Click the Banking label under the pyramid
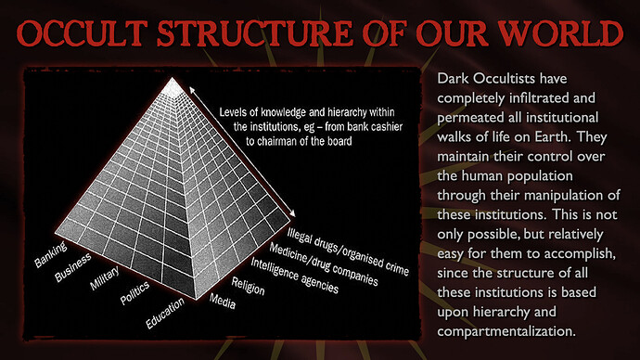pyautogui.click(x=51, y=255)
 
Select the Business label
pyautogui.click(x=73, y=267)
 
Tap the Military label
pyautogui.click(x=105, y=278)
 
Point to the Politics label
pyautogui.click(x=135, y=293)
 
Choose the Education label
pyautogui.click(x=165, y=313)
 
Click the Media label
pyautogui.click(x=223, y=302)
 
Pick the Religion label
pyautogui.click(x=249, y=286)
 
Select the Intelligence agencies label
pyautogui.click(x=294, y=276)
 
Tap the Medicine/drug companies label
pyautogui.click(x=324, y=264)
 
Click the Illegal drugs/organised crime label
pyautogui.click(x=348, y=251)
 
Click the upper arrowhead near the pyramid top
pyautogui.click(x=191, y=89)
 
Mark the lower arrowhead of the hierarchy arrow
pyautogui.click(x=292, y=213)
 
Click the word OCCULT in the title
pyautogui.click(x=82, y=33)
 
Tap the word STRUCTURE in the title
pyautogui.click(x=255, y=33)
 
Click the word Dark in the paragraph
pyautogui.click(x=453, y=78)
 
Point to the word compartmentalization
pyautogui.click(x=506, y=331)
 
